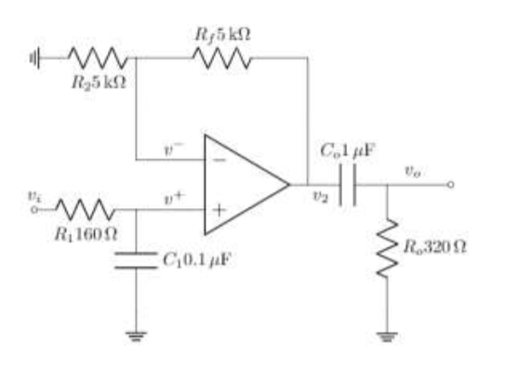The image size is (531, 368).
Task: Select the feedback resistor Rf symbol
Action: click(x=221, y=58)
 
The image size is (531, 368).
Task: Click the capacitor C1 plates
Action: click(x=137, y=257)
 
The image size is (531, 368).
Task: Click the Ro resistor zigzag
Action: click(x=388, y=247)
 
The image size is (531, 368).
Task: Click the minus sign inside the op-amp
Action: click(x=219, y=160)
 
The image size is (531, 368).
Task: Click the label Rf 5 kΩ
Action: click(x=223, y=34)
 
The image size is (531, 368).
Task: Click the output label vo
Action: click(x=411, y=170)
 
